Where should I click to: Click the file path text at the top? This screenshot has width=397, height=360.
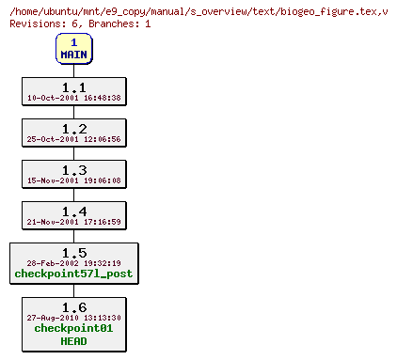[198, 9]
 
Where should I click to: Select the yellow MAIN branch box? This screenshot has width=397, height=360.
[73, 49]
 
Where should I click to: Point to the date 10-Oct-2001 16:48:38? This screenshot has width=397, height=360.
[73, 98]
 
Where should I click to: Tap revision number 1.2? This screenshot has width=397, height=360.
[73, 128]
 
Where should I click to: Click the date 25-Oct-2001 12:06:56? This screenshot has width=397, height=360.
[73, 139]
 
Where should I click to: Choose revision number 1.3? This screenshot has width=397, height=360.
[73, 169]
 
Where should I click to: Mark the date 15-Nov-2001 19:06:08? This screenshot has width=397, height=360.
[73, 180]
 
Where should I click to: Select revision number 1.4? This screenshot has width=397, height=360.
[73, 211]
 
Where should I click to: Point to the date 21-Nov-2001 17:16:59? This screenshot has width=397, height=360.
[73, 222]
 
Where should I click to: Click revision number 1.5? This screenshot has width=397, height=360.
[73, 252]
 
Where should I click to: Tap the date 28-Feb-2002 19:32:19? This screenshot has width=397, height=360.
[73, 263]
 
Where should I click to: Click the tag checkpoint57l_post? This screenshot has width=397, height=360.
[73, 274]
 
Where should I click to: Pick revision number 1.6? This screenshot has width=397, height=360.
[73, 306]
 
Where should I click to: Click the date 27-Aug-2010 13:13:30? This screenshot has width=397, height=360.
[73, 318]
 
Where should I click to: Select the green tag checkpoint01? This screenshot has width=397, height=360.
[73, 329]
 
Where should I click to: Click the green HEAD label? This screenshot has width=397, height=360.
[73, 341]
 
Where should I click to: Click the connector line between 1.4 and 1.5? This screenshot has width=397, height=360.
[73, 237]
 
